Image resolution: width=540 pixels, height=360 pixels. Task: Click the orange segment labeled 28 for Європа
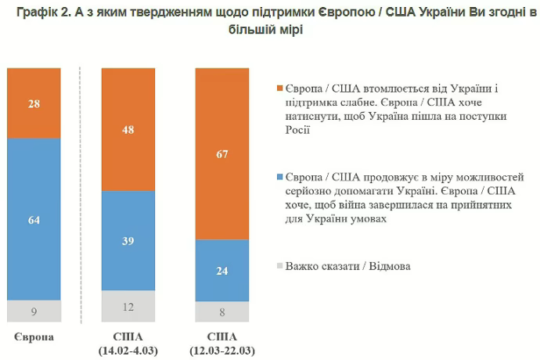(34, 103)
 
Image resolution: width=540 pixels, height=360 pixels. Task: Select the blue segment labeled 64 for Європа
(34, 218)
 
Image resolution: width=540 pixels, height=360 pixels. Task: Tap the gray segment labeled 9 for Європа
(34, 310)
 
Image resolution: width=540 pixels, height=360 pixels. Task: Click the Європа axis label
(34, 336)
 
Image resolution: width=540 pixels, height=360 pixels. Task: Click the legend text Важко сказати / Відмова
(348, 266)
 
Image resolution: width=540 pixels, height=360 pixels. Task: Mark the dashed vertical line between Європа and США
(81, 196)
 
